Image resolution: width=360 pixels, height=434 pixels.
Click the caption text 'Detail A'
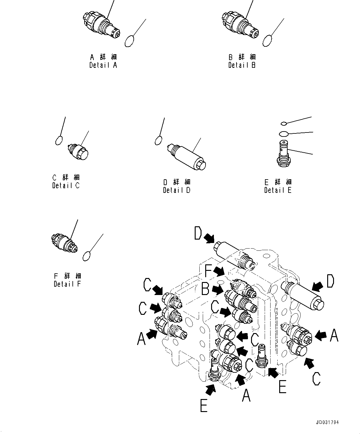coord(103,65)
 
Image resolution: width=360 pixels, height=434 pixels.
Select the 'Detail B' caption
coord(242,65)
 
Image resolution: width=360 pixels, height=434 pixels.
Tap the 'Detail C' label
coord(66,186)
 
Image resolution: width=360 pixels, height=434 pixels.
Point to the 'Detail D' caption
coord(177,190)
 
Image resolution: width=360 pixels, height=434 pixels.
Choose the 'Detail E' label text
coord(278,190)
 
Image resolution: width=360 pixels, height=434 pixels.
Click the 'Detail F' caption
coord(67,284)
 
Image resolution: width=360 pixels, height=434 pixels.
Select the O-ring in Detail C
coord(59,141)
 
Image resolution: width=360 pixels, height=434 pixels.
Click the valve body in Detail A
coord(102,25)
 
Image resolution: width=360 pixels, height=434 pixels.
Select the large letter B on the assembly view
coord(206,289)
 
